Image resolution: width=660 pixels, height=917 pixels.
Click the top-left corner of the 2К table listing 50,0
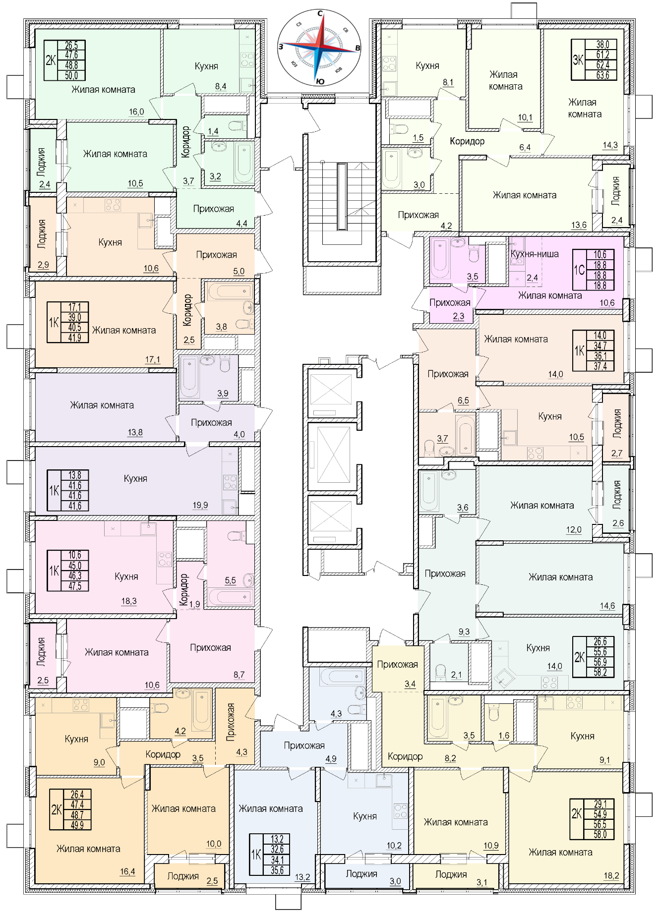(x=44, y=41)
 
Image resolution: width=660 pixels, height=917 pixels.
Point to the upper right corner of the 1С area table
(x=614, y=250)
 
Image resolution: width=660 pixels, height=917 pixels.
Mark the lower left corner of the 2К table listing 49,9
(x=50, y=830)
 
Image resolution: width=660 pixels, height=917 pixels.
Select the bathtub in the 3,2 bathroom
(x=243, y=162)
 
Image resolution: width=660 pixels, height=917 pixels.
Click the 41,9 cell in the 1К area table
(x=74, y=338)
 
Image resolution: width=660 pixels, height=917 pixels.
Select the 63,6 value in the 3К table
(x=603, y=75)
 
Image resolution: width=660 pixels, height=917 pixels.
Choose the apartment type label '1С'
(x=580, y=270)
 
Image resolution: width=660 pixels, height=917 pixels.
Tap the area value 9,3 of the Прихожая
(x=464, y=631)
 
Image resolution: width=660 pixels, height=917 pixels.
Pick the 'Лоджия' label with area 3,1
(x=451, y=874)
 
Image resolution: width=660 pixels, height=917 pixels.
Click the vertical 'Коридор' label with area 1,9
(x=184, y=589)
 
